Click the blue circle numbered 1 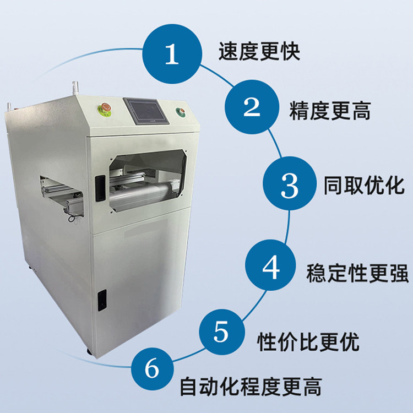click(172, 54)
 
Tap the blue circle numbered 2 click(252, 107)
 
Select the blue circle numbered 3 click(290, 183)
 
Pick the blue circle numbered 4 click(270, 265)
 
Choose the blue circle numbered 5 click(222, 332)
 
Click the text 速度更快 click(259, 52)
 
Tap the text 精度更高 click(330, 111)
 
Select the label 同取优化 click(364, 186)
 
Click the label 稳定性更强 click(357, 273)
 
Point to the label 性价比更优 click(308, 341)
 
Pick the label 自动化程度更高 click(251, 387)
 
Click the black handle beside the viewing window click(100, 188)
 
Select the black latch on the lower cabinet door click(102, 300)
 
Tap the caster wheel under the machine click(89, 352)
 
